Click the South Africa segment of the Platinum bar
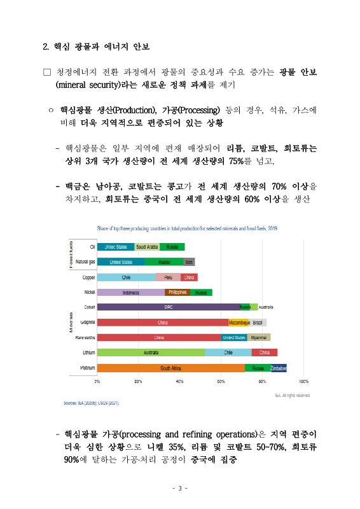coord(171,368)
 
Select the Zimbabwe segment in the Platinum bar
coord(278,368)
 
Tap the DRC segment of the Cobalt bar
coord(169,307)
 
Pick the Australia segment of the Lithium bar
coord(151,352)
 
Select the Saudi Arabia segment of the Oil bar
coord(147,247)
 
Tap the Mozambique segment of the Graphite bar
coord(239,323)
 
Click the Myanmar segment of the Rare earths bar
coord(259,338)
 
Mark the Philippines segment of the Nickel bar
coord(177,293)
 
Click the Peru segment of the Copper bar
coord(169,277)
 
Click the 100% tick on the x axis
coord(303,382)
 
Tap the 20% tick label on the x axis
coord(138,382)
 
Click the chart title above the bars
coord(186,228)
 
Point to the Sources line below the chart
coord(92,403)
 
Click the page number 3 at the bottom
coord(180,489)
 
